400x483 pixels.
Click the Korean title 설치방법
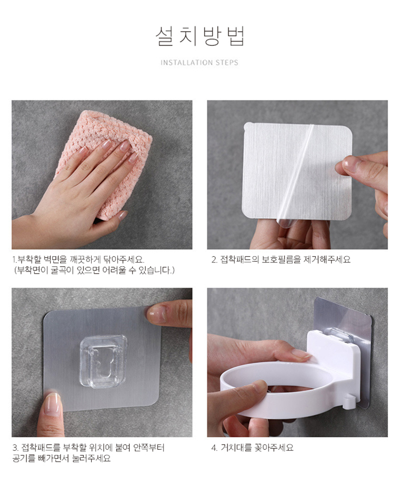pyautogui.click(x=199, y=37)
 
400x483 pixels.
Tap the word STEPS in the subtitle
pyautogui.click(x=227, y=63)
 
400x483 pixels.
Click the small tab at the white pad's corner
pyautogui.click(x=247, y=126)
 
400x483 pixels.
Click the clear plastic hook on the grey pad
pyautogui.click(x=103, y=361)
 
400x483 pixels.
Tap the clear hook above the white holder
pyautogui.click(x=337, y=334)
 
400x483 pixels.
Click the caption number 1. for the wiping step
pyautogui.click(x=14, y=259)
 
